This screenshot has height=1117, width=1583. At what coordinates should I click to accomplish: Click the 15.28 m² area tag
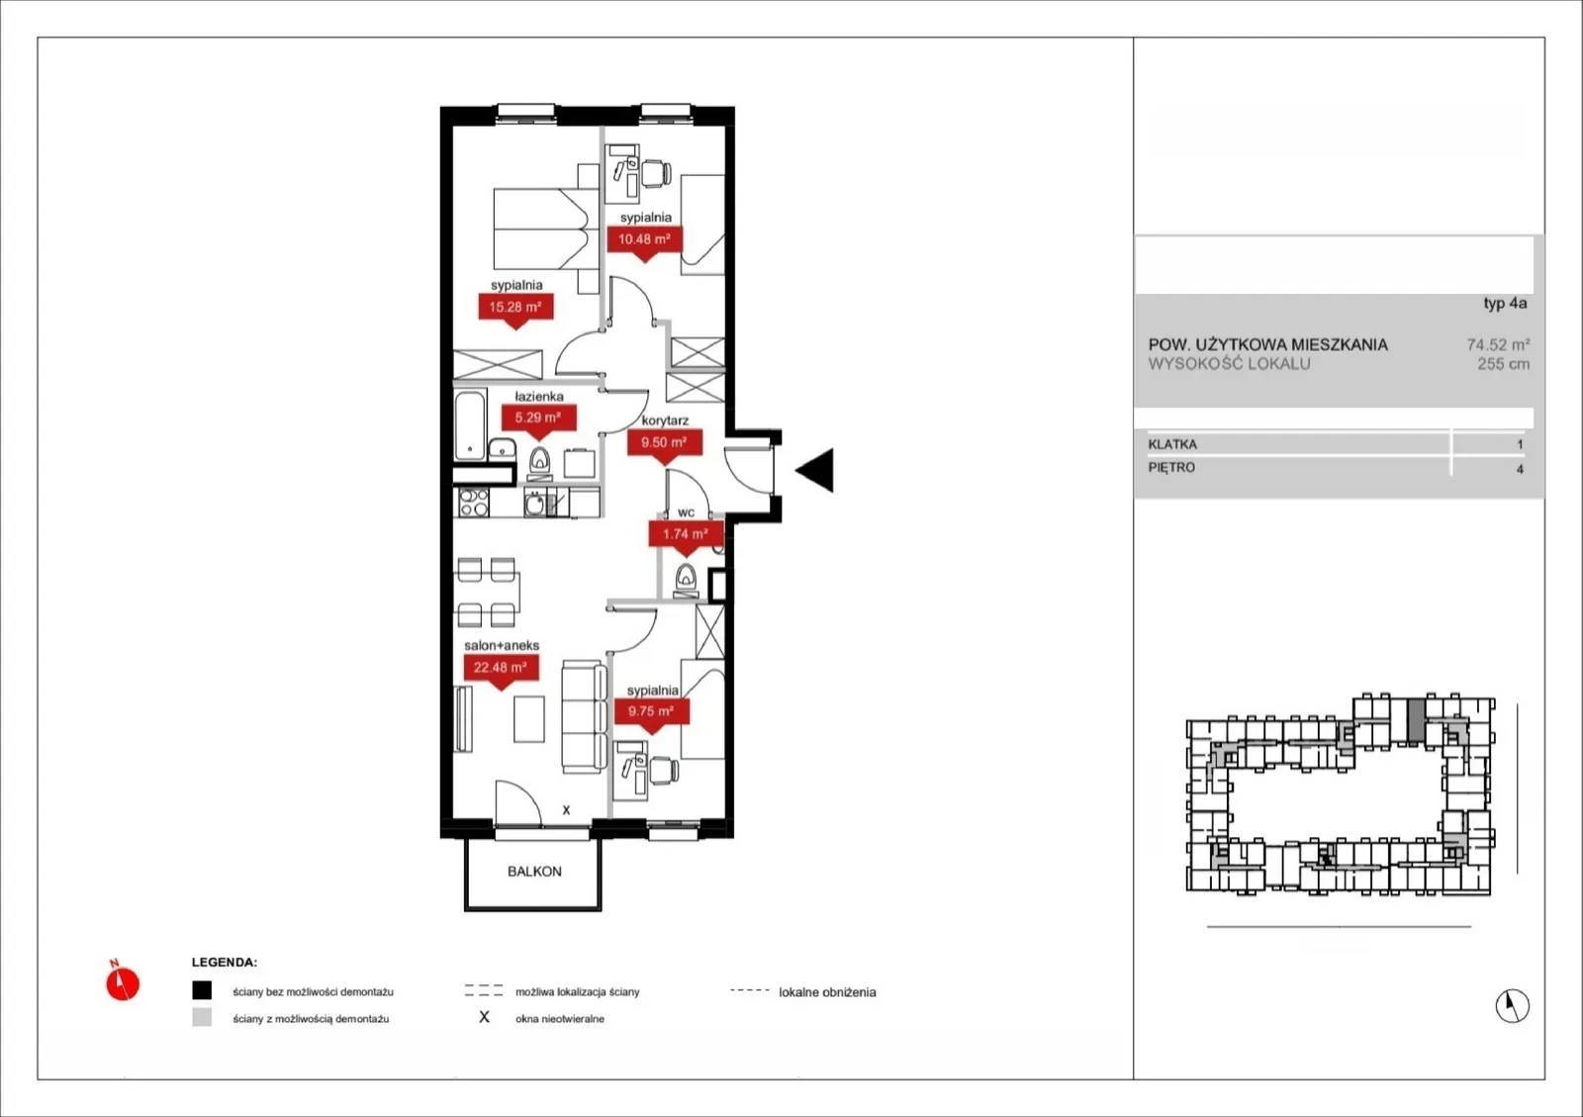515,308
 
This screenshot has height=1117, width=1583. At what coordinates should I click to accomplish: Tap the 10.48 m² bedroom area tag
644,240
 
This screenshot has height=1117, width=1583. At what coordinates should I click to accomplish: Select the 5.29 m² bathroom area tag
538,419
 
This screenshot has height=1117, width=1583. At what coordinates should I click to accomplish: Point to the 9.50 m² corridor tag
664,443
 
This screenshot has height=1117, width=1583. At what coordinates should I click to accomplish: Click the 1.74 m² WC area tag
686,535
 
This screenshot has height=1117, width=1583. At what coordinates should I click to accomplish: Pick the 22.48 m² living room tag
501,669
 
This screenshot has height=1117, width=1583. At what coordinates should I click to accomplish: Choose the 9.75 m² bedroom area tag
652,712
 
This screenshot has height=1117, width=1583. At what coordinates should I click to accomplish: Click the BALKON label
534,872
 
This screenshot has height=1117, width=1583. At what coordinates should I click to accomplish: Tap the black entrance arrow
815,470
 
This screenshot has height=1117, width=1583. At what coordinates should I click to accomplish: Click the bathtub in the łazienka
470,425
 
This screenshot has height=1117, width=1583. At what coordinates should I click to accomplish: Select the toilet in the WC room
686,581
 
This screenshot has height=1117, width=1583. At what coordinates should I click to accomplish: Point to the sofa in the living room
584,716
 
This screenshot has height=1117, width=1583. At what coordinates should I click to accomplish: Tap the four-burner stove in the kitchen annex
474,503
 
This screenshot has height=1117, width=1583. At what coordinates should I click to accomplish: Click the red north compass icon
123,980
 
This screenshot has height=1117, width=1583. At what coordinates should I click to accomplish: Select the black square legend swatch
202,990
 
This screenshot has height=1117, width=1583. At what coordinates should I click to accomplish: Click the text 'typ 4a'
1505,304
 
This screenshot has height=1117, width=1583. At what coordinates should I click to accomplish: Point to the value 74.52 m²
1498,344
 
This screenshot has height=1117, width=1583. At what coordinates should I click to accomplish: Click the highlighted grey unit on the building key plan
1416,720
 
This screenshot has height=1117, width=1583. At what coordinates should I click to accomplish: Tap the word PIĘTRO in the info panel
1171,468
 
